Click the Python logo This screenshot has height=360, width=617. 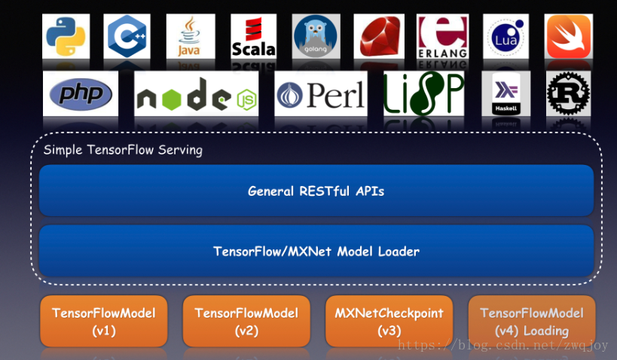(66, 35)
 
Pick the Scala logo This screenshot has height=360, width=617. (253, 35)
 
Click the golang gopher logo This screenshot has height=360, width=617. (315, 35)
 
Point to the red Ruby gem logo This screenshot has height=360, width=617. (380, 35)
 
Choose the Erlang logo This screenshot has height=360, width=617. (442, 35)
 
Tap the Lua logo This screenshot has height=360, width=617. (506, 35)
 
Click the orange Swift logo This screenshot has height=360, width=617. (569, 35)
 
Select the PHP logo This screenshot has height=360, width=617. (81, 94)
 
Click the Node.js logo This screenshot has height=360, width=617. (196, 94)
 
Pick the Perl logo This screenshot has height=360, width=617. (321, 94)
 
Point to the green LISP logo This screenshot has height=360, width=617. (423, 94)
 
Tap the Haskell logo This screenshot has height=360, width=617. (506, 94)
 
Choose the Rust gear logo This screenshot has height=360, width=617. (569, 94)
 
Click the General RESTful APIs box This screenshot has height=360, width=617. (316, 191)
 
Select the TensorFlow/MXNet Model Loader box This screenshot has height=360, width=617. (316, 251)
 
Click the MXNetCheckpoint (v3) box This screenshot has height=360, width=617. (389, 322)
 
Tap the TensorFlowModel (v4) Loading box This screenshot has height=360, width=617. (532, 322)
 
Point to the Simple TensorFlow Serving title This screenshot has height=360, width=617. (123, 150)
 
